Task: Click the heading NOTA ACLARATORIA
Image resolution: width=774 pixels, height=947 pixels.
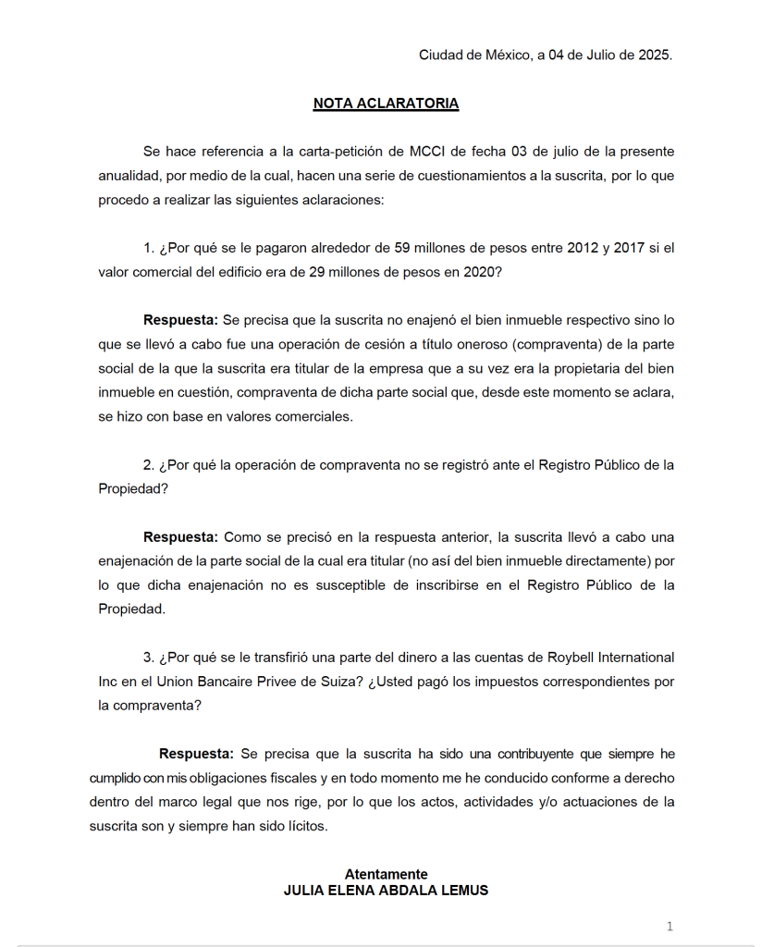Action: pos(386,104)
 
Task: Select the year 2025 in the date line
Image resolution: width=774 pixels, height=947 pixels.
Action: pos(654,55)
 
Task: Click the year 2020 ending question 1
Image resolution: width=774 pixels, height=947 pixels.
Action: pos(482,272)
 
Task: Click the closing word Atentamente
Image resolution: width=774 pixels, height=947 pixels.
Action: pos(386,874)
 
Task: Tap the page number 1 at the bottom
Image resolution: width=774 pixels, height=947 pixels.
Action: pos(670,927)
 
